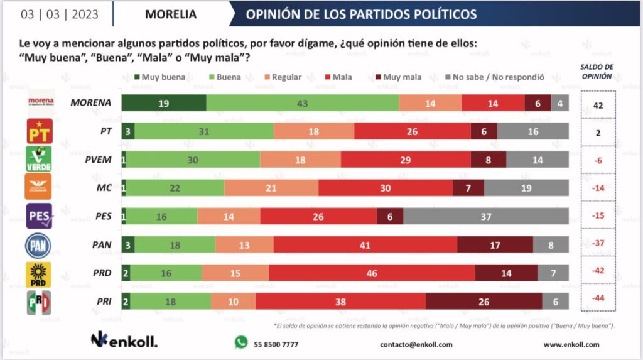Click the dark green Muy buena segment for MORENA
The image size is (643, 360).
(x=163, y=103)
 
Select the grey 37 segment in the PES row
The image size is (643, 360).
(x=486, y=216)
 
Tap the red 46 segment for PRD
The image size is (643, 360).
(x=372, y=273)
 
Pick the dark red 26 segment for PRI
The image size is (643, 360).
(x=484, y=302)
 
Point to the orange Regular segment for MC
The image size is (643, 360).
(x=271, y=188)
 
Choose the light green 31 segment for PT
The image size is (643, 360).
(x=204, y=131)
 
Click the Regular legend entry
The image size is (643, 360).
(x=282, y=77)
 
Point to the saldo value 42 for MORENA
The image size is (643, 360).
(x=598, y=106)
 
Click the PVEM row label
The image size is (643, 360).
(x=99, y=160)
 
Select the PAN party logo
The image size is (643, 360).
(x=37, y=245)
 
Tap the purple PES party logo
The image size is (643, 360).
(x=38, y=216)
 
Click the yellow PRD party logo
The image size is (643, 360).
(x=37, y=274)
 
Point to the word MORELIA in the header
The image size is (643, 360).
(x=171, y=14)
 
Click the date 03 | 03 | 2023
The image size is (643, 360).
(x=60, y=14)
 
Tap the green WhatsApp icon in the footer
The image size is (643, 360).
(x=241, y=342)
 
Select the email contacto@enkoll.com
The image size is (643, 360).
(x=417, y=344)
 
